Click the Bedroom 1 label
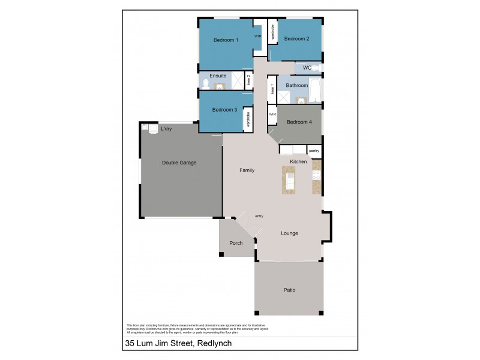tap(226, 40)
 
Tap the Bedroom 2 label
tap(296, 39)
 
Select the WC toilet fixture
tap(316, 68)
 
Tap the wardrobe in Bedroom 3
tap(247, 118)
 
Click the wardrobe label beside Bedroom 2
tap(272, 32)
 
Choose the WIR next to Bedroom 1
tap(257, 36)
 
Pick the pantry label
tap(314, 151)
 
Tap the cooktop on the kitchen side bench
tap(316, 175)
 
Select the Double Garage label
tap(179, 163)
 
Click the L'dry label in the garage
tap(166, 130)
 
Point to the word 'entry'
tap(259, 216)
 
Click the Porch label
tap(236, 243)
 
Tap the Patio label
tap(289, 290)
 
